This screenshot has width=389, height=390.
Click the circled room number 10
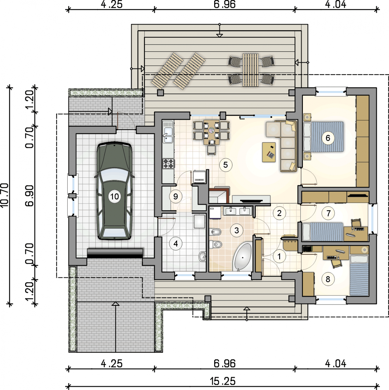(114, 196)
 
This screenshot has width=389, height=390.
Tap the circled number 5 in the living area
(226, 165)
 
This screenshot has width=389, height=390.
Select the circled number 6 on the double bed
(328, 138)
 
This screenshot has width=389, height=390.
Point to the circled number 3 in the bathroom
(236, 230)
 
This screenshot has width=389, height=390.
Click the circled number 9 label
(175, 196)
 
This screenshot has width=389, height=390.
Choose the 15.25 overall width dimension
(223, 381)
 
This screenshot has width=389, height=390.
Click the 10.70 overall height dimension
(5, 195)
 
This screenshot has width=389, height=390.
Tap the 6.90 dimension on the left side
(30, 196)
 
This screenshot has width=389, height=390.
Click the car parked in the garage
(114, 191)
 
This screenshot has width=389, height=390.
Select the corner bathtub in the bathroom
(242, 257)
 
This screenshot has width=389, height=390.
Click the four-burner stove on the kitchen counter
(168, 163)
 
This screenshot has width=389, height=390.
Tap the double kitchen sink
(168, 132)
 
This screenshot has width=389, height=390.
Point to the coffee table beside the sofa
(269, 152)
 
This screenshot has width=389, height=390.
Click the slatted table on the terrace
(251, 70)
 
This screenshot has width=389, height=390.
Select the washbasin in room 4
(202, 257)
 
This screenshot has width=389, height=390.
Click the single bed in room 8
(359, 275)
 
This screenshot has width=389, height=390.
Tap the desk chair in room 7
(356, 223)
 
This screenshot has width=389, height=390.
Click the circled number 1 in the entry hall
(279, 256)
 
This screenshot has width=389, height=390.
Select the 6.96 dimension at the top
(225, 5)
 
